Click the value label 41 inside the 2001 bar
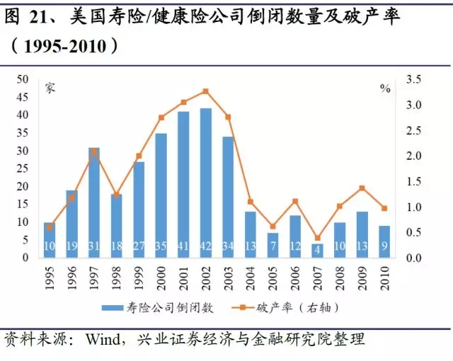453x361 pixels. [183, 246]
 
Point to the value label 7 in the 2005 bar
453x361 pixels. [273, 246]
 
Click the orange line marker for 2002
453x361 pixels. [206, 91]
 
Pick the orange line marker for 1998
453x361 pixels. [116, 194]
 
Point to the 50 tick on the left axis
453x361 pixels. [23, 79]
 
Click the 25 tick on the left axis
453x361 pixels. [23, 168]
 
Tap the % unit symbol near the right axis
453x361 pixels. [385, 88]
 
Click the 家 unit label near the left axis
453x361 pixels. [50, 88]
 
